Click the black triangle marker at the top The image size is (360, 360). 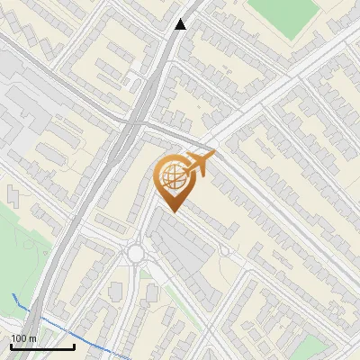pos(181,24)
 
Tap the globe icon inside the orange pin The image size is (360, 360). pos(173,178)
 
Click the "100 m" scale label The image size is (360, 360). pos(22,337)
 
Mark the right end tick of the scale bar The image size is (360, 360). pos(74,346)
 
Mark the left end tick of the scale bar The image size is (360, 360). pos(11,346)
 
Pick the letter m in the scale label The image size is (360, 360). pos(31,337)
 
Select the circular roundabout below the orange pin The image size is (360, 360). pos(136,253)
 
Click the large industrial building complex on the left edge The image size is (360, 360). pos(22,117)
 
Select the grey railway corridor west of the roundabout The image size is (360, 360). pos(85,225)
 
